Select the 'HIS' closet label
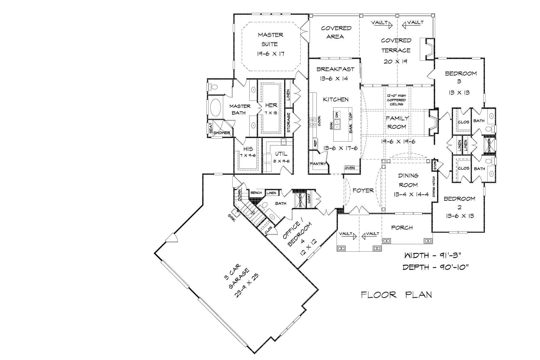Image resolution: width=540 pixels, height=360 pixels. [x=248, y=149]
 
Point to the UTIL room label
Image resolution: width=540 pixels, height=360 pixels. [x=281, y=154]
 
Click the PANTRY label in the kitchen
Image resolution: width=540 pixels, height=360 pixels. [x=317, y=164]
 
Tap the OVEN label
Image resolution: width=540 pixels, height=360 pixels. [x=350, y=168]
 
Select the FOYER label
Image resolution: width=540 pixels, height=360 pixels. [x=363, y=190]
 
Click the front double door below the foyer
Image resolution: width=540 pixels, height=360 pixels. [x=359, y=211]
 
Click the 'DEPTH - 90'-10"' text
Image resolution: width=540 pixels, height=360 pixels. [x=435, y=267]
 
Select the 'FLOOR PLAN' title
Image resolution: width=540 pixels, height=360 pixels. [x=396, y=295]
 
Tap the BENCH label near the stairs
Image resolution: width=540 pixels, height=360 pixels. [x=256, y=193]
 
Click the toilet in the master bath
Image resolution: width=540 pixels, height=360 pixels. [x=214, y=87]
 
